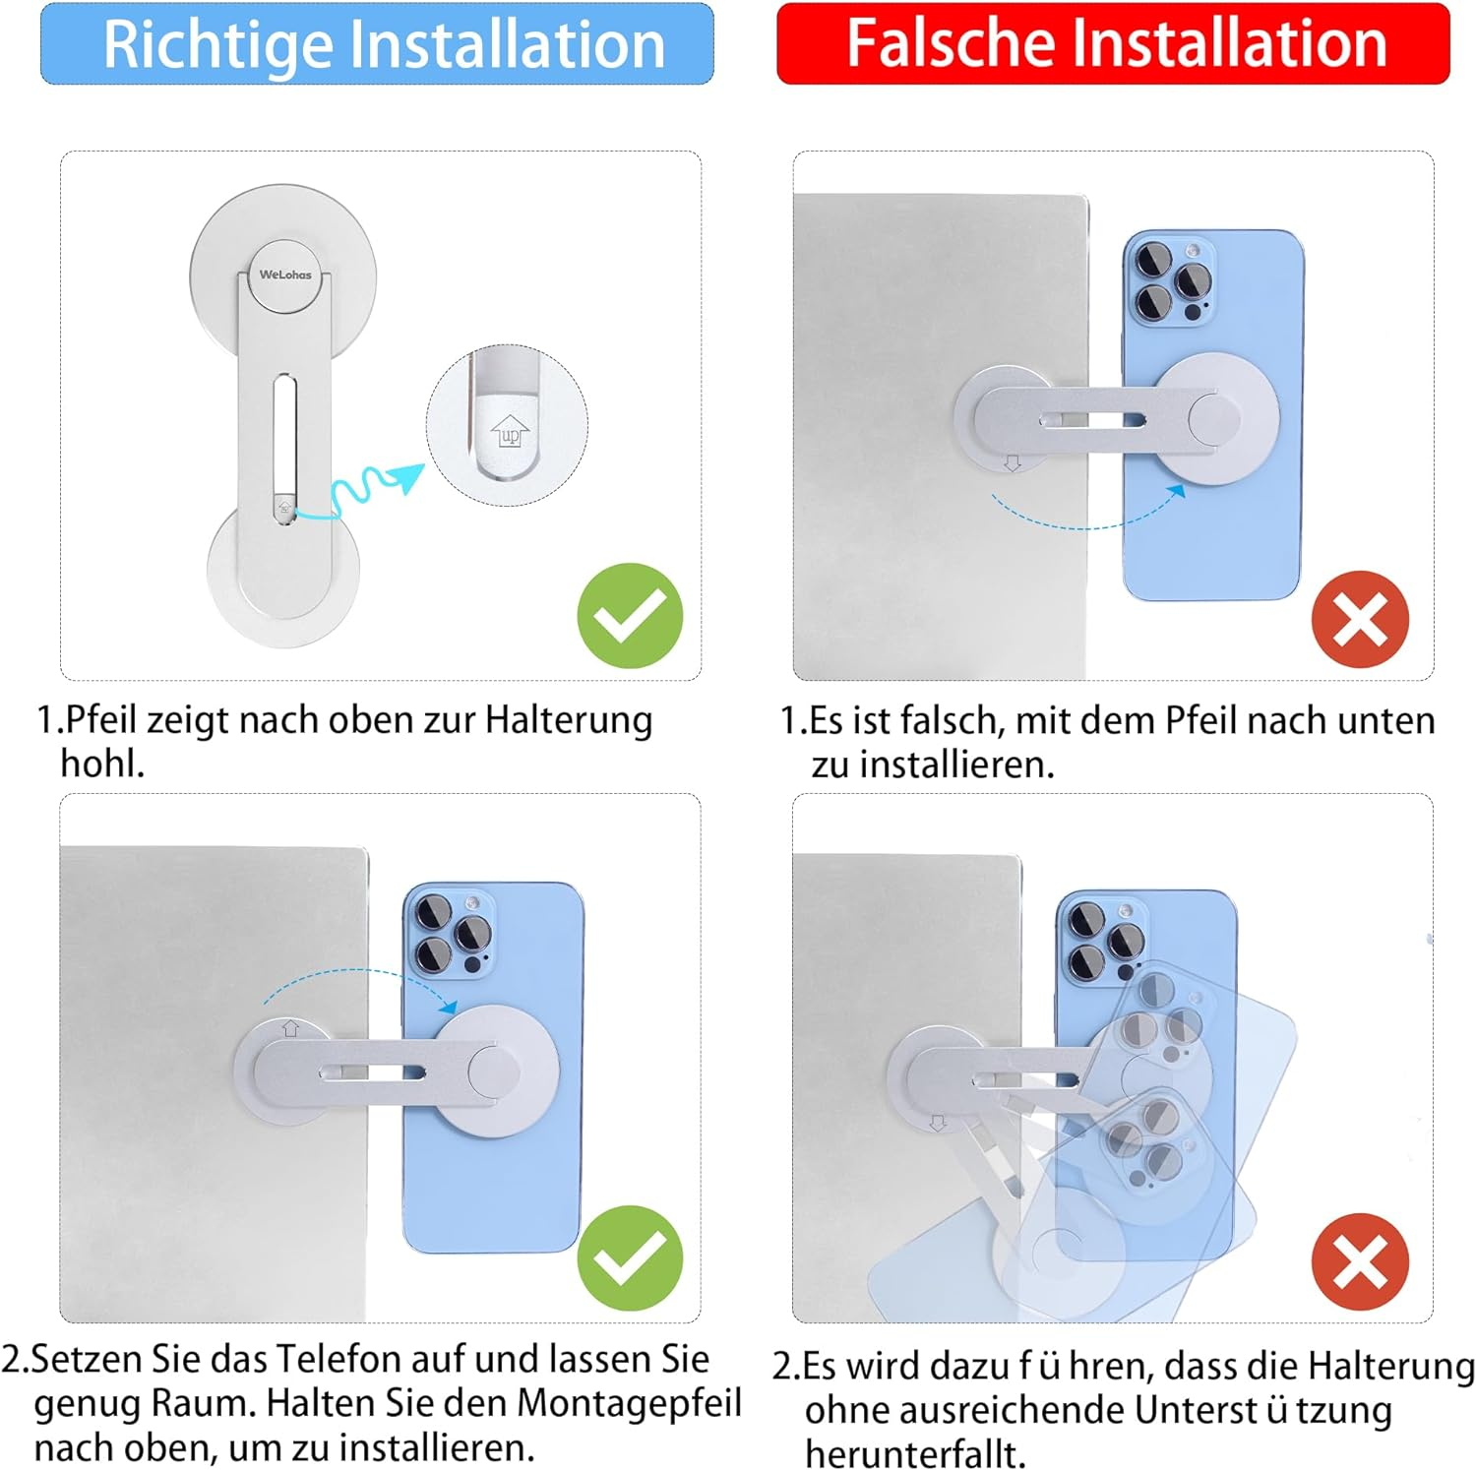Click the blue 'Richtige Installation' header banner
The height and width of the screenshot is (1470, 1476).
(x=377, y=43)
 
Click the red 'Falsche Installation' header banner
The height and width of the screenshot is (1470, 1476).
(x=1113, y=43)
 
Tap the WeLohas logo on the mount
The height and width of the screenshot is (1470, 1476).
(x=285, y=275)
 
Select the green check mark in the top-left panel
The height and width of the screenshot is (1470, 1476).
(x=630, y=616)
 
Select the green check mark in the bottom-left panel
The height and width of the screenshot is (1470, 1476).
(x=630, y=1258)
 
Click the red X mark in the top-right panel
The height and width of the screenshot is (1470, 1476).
(x=1361, y=620)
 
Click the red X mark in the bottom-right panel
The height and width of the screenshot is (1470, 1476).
(x=1361, y=1262)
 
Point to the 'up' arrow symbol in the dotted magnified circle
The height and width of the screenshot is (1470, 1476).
(x=510, y=431)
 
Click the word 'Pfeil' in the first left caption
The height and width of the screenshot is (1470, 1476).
(x=102, y=721)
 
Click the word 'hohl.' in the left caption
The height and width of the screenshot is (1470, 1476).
(x=102, y=764)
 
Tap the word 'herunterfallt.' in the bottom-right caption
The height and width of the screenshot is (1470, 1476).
(x=915, y=1453)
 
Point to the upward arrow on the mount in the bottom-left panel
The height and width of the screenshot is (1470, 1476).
(x=290, y=1029)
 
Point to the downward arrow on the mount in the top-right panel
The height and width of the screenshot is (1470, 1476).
(x=1013, y=462)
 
